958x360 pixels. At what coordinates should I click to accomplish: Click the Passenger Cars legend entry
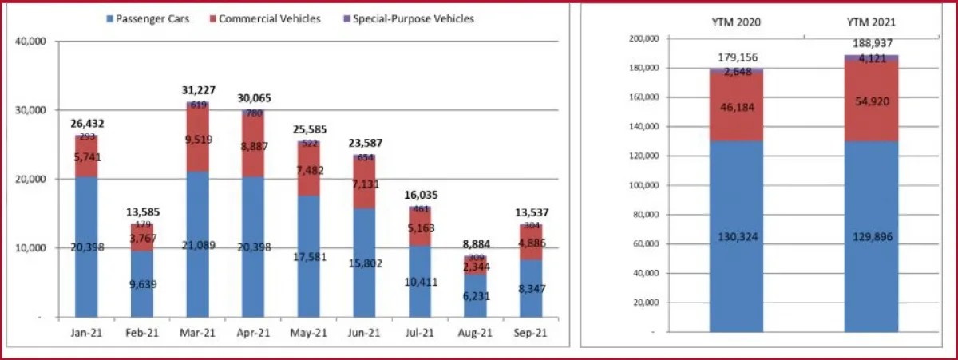tap(152, 18)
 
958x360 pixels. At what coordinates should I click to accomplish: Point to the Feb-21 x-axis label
tap(141, 333)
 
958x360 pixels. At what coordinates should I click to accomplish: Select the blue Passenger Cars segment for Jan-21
tap(86, 255)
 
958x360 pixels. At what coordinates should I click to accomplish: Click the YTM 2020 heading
tap(734, 22)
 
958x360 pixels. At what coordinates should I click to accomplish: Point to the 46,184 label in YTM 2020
tap(734, 107)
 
